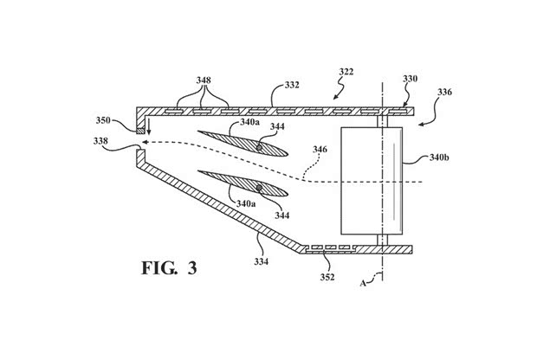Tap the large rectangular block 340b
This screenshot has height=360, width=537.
point(374,183)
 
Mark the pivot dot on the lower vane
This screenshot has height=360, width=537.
point(259,188)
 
